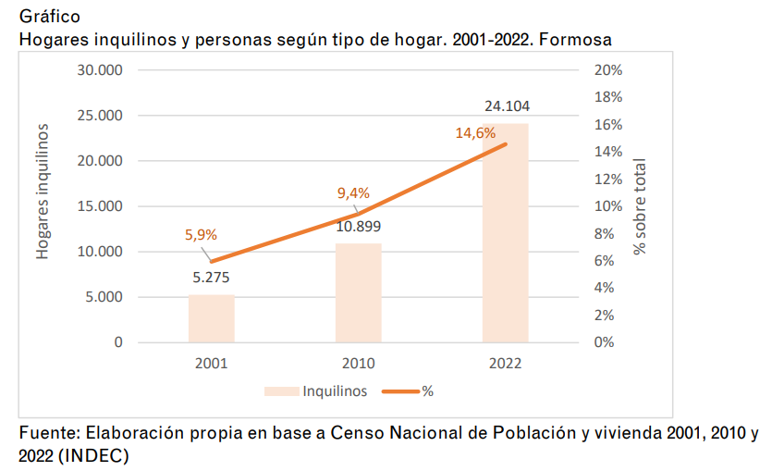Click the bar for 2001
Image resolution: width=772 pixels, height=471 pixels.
click(211, 318)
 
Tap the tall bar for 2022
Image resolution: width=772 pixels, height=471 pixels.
click(505, 232)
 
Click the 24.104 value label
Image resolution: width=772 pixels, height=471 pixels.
click(507, 105)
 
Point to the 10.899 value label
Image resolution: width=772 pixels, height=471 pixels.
click(358, 226)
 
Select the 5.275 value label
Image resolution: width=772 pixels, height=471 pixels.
click(211, 276)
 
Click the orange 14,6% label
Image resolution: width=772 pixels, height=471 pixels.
click(475, 133)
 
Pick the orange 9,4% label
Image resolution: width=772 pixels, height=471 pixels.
click(353, 193)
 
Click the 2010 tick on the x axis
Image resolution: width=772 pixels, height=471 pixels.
click(358, 363)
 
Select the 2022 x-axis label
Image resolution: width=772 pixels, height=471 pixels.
click(505, 363)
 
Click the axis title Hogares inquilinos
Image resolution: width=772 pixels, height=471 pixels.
click(43, 192)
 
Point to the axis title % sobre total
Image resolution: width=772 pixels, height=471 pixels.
click(640, 206)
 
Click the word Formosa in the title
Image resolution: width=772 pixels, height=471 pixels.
click(580, 40)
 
